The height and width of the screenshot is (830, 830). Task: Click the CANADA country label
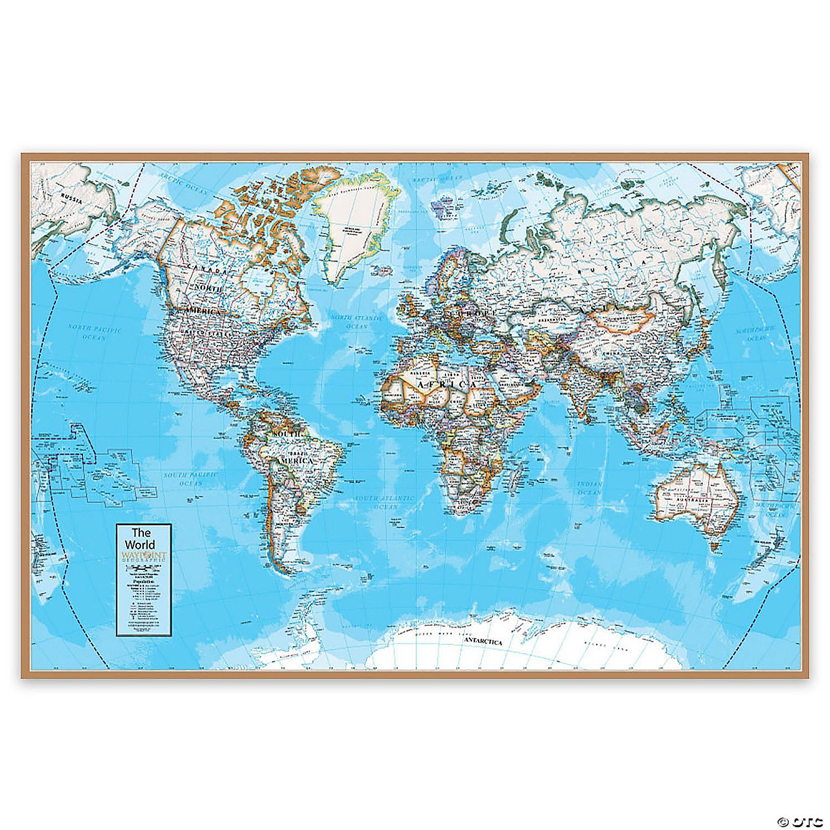pos(206,268)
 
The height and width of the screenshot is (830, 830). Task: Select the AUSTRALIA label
pos(696,500)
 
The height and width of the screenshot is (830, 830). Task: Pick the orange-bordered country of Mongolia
pos(622,321)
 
